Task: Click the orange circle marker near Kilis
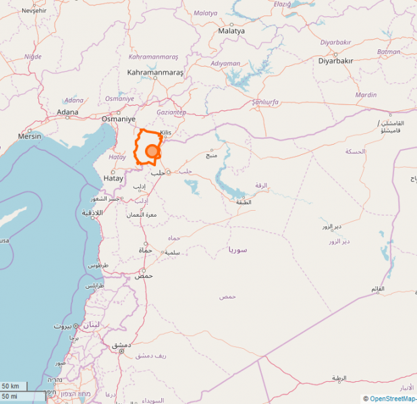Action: click(152, 151)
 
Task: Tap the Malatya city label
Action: click(231, 31)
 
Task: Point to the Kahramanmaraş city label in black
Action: click(155, 71)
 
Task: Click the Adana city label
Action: click(67, 112)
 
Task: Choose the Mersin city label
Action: click(30, 136)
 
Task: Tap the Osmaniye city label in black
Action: click(114, 119)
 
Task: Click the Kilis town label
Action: click(166, 133)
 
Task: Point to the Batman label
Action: click(389, 52)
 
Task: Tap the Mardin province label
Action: click(366, 95)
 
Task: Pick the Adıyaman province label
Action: click(225, 64)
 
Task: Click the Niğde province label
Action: click(33, 57)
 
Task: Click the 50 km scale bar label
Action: click(10, 386)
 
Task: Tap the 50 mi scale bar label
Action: click(9, 396)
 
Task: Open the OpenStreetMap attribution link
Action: click(393, 399)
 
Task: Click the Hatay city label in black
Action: click(113, 178)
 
